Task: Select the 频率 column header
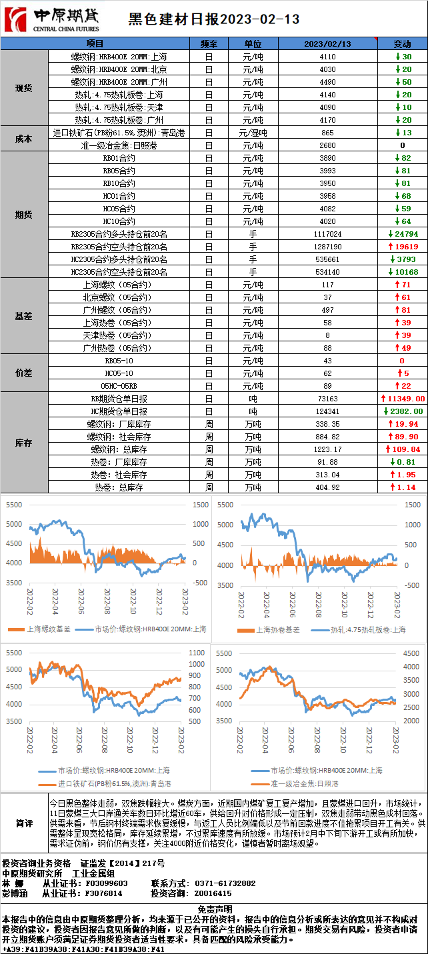tap(209, 43)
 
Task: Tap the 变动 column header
tap(403, 43)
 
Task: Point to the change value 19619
tap(403, 247)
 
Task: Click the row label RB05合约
tap(119, 171)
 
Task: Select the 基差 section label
tap(24, 316)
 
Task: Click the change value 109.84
tap(403, 449)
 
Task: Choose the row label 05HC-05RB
tap(119, 386)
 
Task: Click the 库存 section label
tap(24, 443)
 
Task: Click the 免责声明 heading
tap(214, 909)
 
